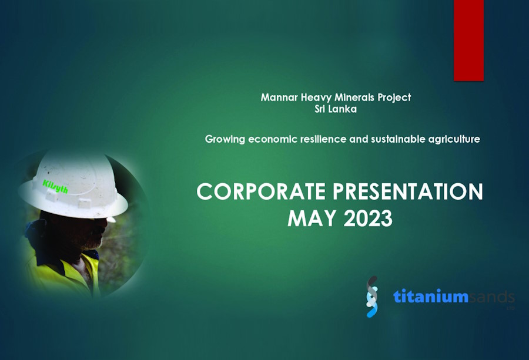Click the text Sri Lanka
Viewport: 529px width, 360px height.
(336, 109)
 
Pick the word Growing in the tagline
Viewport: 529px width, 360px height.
(225, 139)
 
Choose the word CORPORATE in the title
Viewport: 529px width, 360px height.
(261, 191)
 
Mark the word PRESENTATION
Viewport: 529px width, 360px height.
(408, 191)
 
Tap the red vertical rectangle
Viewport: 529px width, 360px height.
(468, 40)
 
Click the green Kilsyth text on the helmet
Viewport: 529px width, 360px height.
(55, 187)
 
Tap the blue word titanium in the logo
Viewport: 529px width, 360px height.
(431, 297)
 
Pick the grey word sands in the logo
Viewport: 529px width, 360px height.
(492, 297)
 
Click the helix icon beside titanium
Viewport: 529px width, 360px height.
(372, 297)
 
